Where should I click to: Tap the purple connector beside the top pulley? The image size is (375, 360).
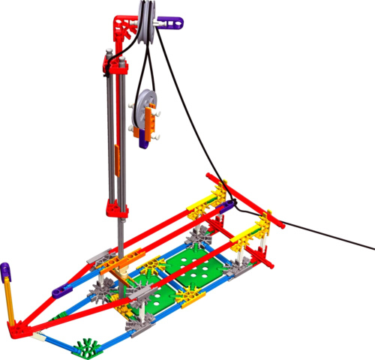(170, 23)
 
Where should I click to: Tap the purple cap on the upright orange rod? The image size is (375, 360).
(6, 268)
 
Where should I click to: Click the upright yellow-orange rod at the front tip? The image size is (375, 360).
(10, 296)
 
